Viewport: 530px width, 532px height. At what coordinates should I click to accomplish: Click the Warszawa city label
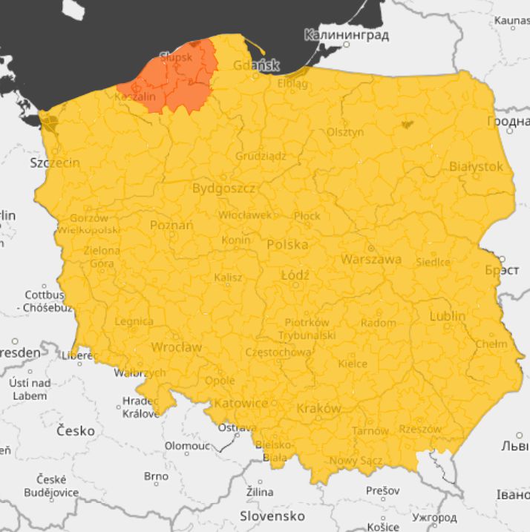(x=371, y=259)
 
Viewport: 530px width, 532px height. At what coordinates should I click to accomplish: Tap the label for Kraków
(x=318, y=409)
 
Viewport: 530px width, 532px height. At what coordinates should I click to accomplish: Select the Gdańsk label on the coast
(x=255, y=65)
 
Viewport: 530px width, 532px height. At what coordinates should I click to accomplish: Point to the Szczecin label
(x=55, y=162)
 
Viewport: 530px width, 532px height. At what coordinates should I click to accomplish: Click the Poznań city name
(x=171, y=225)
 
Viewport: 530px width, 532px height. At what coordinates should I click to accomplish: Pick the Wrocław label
(x=176, y=347)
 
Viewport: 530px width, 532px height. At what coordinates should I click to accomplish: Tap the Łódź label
(x=295, y=275)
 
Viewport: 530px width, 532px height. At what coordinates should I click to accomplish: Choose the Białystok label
(x=476, y=166)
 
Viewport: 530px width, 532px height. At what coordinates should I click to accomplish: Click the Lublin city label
(x=448, y=316)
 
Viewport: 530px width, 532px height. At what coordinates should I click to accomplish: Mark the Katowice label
(x=241, y=403)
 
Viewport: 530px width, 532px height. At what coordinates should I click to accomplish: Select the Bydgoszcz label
(x=223, y=188)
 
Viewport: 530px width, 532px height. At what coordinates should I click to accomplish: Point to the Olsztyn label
(x=345, y=132)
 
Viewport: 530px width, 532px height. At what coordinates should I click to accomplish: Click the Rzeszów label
(x=419, y=429)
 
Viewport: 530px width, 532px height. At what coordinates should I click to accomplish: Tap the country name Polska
(x=287, y=244)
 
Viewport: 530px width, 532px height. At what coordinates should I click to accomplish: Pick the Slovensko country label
(x=272, y=515)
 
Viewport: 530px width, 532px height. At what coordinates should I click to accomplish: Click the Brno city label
(x=156, y=476)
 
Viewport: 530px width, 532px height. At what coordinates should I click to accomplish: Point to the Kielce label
(x=353, y=364)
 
